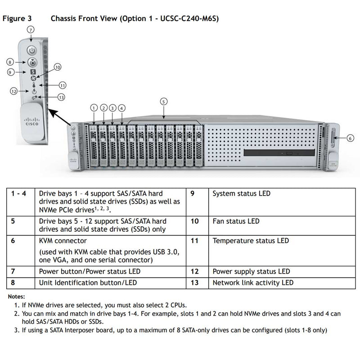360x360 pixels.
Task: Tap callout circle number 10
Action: [58, 67]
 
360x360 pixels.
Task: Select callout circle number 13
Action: [61, 97]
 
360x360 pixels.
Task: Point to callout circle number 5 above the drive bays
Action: [164, 101]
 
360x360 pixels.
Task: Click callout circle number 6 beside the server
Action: [351, 139]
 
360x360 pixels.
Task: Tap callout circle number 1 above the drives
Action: [94, 108]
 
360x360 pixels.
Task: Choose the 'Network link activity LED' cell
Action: [252, 283]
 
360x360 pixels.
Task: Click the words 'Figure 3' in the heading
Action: [17, 19]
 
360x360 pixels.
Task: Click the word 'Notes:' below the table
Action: [16, 297]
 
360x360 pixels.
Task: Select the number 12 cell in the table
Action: [194, 271]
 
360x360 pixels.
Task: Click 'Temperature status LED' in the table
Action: [250, 241]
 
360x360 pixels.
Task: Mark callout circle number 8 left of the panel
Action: [10, 62]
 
